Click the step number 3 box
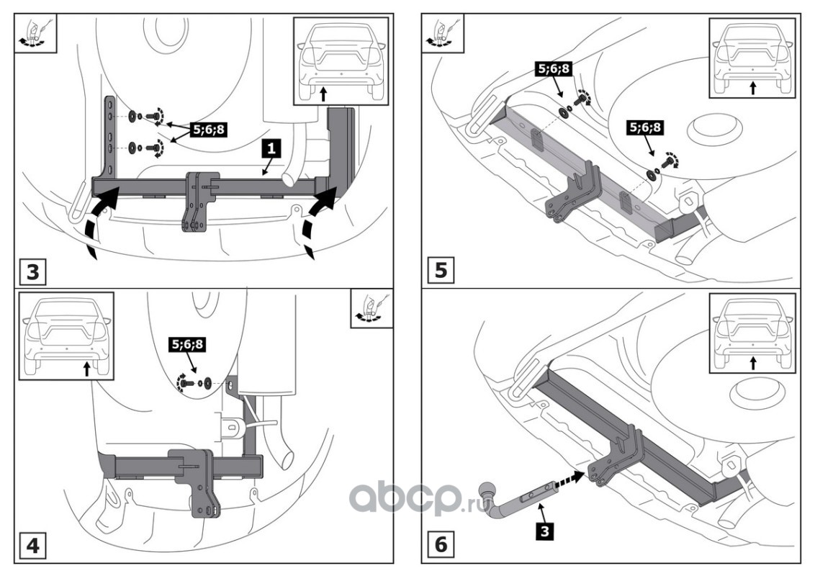click(32, 271)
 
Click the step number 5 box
click(440, 271)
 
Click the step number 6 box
click(440, 544)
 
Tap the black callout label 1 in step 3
click(271, 148)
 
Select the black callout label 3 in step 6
click(544, 531)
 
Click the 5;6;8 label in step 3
click(208, 130)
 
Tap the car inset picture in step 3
click(341, 61)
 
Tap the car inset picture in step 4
click(66, 336)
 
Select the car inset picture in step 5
click(752, 58)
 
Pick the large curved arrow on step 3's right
click(318, 222)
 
